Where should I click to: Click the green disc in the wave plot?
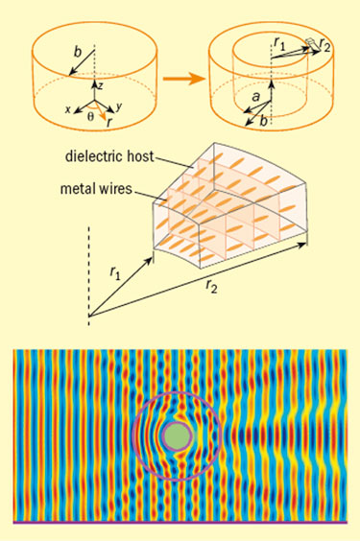click(177, 436)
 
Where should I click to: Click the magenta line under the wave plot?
click(180, 523)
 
